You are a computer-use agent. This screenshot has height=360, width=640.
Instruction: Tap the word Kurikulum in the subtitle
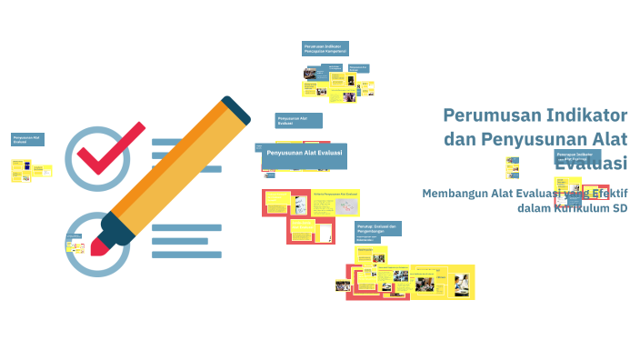(577, 208)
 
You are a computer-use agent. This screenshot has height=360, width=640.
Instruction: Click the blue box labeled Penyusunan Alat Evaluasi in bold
(304, 154)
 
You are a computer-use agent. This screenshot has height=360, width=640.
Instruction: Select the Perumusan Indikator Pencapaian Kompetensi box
(325, 48)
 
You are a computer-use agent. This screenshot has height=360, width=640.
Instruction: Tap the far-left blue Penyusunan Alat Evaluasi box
(27, 140)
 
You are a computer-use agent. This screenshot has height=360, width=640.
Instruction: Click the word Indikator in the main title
(587, 115)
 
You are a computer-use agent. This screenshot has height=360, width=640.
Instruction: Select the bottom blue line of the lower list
(187, 255)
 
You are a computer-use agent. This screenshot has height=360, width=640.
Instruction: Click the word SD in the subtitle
(619, 208)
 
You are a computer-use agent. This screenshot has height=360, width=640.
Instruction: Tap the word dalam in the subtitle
(533, 208)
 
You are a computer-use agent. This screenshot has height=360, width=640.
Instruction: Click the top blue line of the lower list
(187, 227)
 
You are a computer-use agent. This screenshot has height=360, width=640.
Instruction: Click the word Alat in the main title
(609, 140)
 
